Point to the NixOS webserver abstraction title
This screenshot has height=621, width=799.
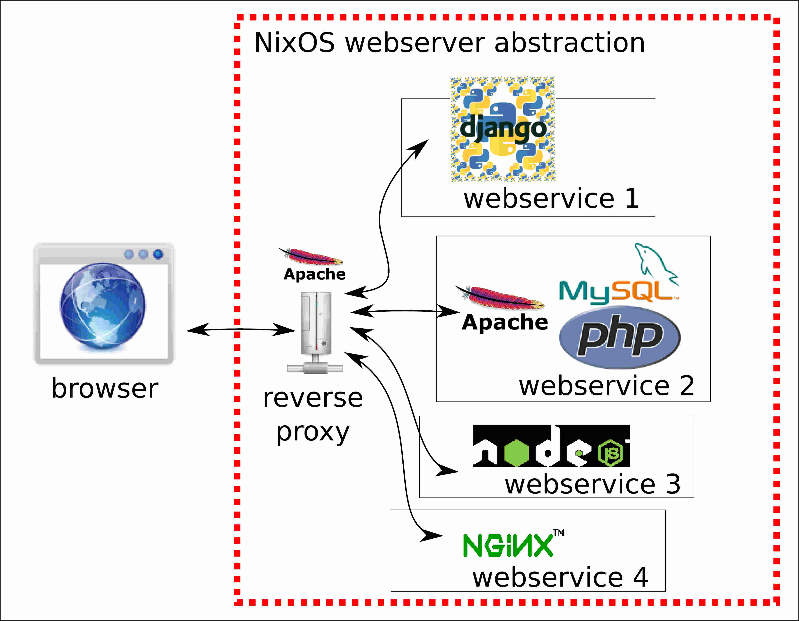[x=449, y=43]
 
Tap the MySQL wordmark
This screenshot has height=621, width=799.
[x=618, y=292]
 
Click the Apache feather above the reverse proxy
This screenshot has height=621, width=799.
[x=311, y=256]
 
